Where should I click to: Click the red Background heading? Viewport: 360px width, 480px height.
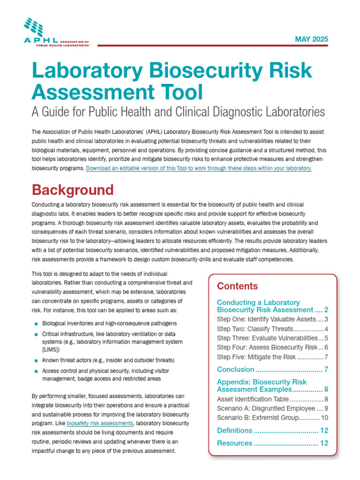click(72, 190)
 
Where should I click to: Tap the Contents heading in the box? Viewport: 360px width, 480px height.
click(237, 286)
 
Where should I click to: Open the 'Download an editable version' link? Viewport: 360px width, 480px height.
click(199, 168)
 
